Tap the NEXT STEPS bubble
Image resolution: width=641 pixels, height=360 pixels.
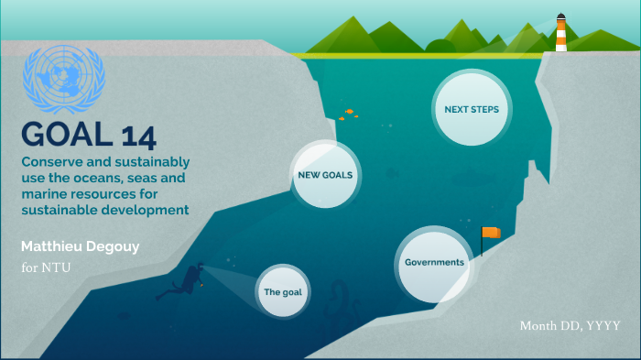(472, 109)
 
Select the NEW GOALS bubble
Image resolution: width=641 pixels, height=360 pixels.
(326, 174)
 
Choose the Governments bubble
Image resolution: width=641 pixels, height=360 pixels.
(434, 263)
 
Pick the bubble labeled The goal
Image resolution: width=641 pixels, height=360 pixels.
(283, 292)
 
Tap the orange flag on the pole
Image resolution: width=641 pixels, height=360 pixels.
(493, 233)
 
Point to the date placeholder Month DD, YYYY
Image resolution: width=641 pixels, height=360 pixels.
(570, 326)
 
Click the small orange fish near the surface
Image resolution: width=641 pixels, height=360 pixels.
(349, 113)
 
